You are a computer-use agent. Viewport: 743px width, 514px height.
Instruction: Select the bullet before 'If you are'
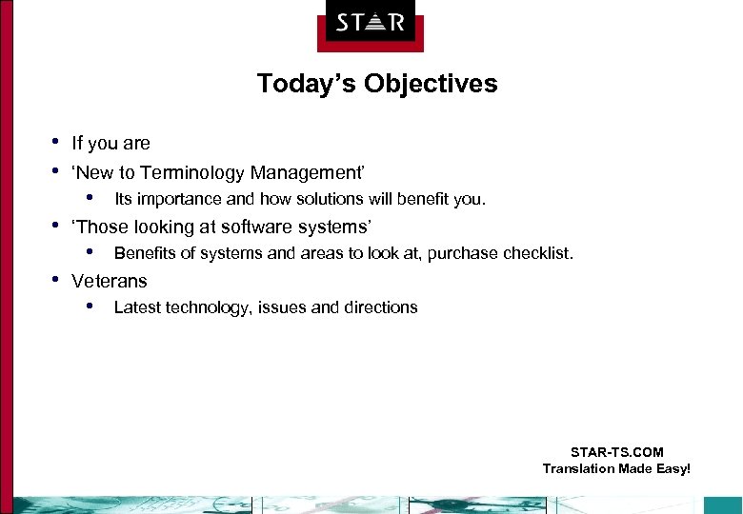[55, 142]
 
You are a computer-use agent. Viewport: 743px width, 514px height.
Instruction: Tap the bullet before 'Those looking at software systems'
[55, 226]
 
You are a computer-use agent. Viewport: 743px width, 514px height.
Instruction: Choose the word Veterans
[110, 281]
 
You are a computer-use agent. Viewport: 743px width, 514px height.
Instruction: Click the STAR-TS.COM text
[616, 452]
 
